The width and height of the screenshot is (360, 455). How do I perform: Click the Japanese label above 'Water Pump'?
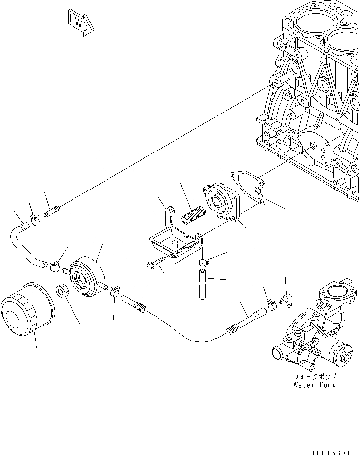314,377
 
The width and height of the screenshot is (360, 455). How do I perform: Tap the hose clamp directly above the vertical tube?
203,260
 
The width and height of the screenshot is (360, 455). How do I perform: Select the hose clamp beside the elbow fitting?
272,307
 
